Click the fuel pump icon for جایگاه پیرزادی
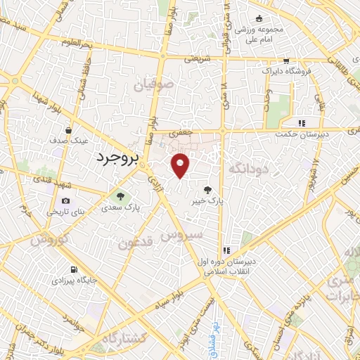coord(75,269)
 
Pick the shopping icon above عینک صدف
coord(68,129)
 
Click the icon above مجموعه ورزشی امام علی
coord(259,18)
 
